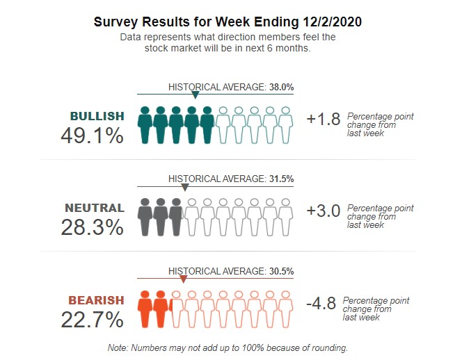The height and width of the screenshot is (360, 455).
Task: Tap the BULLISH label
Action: coord(97,116)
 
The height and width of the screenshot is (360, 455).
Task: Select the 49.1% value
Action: coord(93,136)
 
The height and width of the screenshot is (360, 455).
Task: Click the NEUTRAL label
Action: coord(95,208)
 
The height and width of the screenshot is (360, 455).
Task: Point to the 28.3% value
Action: coord(93,227)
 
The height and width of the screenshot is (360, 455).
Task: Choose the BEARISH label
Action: coord(96,300)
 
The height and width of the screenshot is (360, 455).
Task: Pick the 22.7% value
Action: coord(93,320)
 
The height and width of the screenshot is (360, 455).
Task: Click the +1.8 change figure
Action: coord(324,119)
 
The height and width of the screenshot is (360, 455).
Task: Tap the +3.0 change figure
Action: coord(324,211)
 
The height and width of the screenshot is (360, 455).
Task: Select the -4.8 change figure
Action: coord(321,303)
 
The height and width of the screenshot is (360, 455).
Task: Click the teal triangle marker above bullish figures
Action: coord(195,95)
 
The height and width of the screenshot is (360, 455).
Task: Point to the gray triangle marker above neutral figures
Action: coord(185,187)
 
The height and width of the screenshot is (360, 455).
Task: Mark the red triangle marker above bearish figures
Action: coord(183,279)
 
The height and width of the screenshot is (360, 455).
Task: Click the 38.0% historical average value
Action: coord(281,87)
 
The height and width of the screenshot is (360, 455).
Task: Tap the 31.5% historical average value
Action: coord(281,179)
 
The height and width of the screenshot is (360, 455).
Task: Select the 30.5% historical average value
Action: coord(281,271)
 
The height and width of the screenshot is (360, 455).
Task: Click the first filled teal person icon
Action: coord(145,125)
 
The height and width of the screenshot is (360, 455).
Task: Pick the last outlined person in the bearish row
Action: coord(286,309)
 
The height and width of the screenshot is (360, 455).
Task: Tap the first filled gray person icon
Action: coord(145,217)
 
